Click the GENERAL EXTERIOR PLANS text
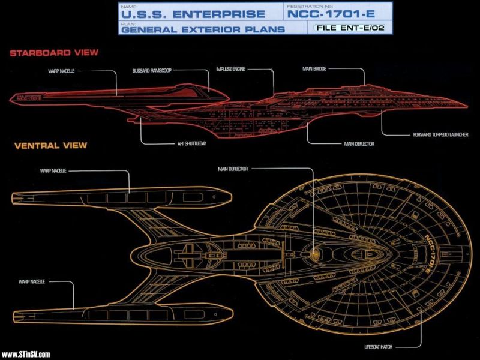[x=202, y=28]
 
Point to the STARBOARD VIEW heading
[x=54, y=53]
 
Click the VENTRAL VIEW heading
[x=49, y=145]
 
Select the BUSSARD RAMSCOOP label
[x=152, y=70]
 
